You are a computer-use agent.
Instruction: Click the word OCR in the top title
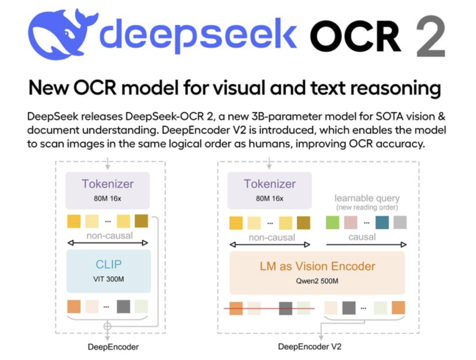click(x=355, y=37)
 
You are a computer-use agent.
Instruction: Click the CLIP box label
click(x=108, y=264)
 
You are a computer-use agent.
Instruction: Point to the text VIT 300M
click(x=108, y=278)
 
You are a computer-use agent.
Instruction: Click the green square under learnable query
click(x=332, y=222)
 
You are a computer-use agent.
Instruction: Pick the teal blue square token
click(x=382, y=222)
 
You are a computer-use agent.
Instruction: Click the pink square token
click(x=351, y=222)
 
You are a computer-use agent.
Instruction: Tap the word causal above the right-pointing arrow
click(x=362, y=237)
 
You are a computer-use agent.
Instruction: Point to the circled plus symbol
click(x=107, y=326)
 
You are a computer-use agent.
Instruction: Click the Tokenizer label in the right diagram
click(x=270, y=184)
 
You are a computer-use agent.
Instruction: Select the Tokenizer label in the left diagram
click(x=108, y=184)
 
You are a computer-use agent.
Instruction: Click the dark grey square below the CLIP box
click(x=123, y=306)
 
